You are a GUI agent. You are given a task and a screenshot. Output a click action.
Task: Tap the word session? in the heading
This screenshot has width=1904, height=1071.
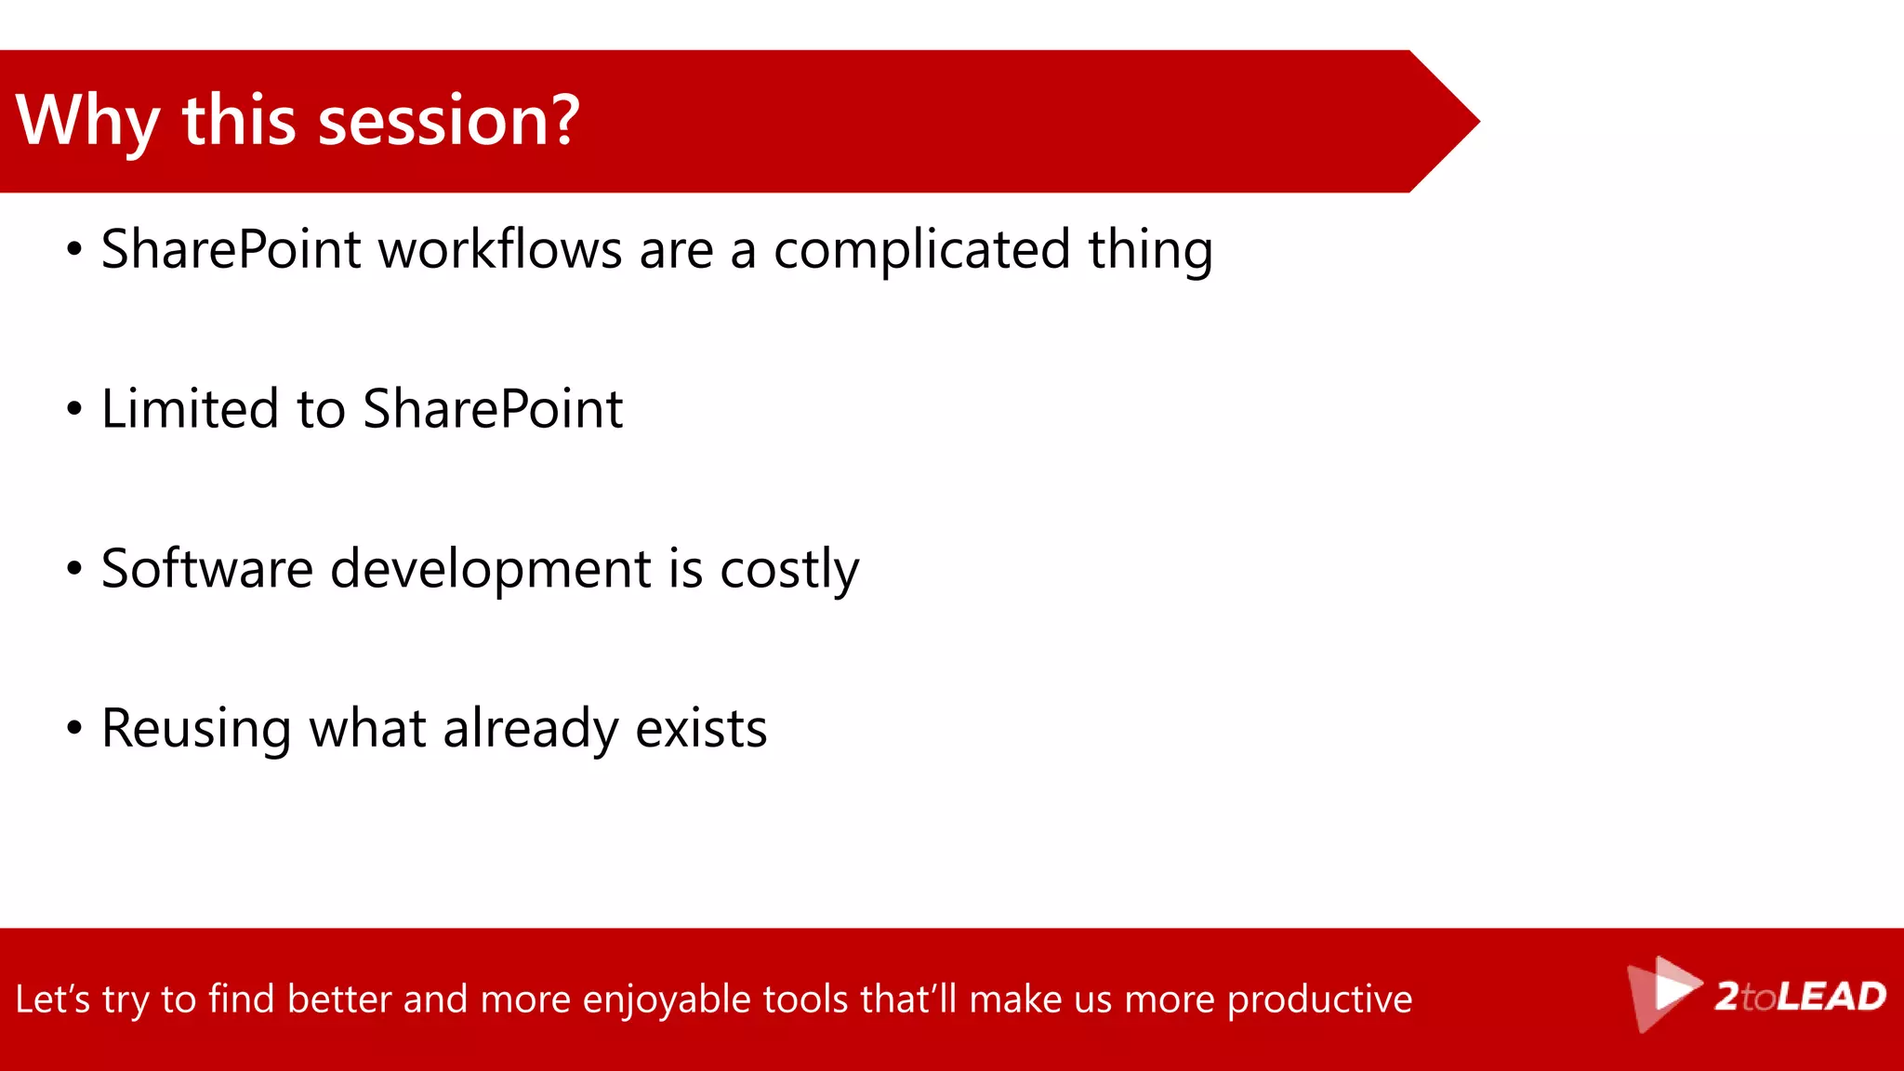pyautogui.click(x=448, y=122)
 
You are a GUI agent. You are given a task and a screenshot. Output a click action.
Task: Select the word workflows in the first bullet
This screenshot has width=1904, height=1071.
pyautogui.click(x=500, y=250)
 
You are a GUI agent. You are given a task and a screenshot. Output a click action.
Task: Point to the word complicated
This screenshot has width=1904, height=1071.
pyautogui.click(x=921, y=250)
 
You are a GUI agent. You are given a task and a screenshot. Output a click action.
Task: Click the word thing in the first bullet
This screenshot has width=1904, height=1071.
pyautogui.click(x=1150, y=252)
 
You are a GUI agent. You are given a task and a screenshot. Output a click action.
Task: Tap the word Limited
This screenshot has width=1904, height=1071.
pyautogui.click(x=189, y=409)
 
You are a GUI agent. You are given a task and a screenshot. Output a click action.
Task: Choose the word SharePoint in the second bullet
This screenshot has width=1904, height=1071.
pyautogui.click(x=492, y=409)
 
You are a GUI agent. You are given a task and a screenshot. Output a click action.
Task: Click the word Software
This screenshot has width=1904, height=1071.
pyautogui.click(x=206, y=569)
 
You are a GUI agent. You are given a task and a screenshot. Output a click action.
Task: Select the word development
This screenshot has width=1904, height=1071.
pyautogui.click(x=490, y=570)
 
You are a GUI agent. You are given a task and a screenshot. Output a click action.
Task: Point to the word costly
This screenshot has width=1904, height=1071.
pyautogui.click(x=788, y=571)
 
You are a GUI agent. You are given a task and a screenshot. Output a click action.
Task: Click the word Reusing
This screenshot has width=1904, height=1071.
pyautogui.click(x=196, y=730)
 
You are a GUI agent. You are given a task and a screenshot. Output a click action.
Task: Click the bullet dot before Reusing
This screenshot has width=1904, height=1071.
pyautogui.click(x=74, y=728)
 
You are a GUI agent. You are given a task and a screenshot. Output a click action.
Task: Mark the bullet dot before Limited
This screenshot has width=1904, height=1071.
pyautogui.click(x=74, y=408)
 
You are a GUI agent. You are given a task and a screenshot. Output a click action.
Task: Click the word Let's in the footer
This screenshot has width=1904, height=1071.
pyautogui.click(x=52, y=999)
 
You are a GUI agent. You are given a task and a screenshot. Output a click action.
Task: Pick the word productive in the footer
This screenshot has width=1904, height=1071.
pyautogui.click(x=1319, y=1000)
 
